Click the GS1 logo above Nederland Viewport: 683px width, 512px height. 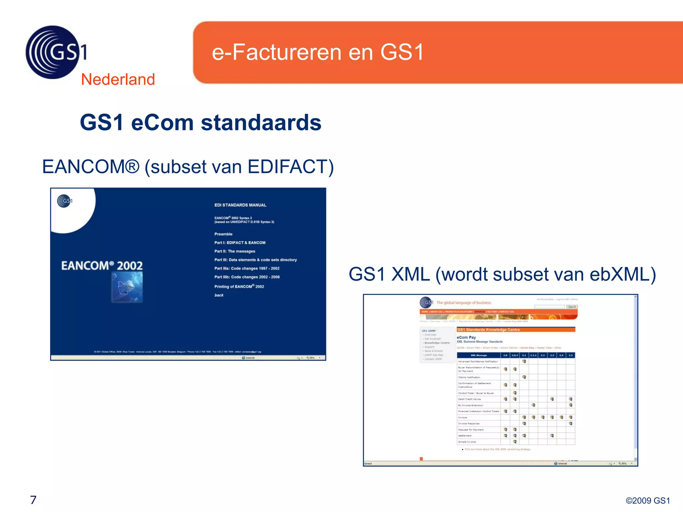pyautogui.click(x=55, y=52)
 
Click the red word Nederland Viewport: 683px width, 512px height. pyautogui.click(x=118, y=80)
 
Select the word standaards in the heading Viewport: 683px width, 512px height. pyautogui.click(x=261, y=123)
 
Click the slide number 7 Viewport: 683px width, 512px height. pyautogui.click(x=33, y=500)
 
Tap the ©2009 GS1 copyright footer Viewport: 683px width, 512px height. pyautogui.click(x=647, y=501)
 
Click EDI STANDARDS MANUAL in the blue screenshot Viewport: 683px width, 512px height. pyautogui.click(x=240, y=205)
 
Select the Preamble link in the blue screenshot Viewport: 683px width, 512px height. pyautogui.click(x=223, y=234)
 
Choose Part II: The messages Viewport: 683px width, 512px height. pyautogui.click(x=234, y=251)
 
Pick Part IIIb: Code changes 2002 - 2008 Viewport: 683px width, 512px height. pyautogui.click(x=247, y=277)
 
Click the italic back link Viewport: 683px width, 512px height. pyautogui.click(x=219, y=295)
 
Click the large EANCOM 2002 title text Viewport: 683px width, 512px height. pyautogui.click(x=102, y=266)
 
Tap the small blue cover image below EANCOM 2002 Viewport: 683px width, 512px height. pyautogui.click(x=127, y=287)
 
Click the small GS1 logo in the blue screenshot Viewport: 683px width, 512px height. pyautogui.click(x=65, y=201)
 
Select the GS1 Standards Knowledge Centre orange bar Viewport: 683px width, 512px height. pyautogui.click(x=516, y=330)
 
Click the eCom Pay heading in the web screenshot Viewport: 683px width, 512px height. pyautogui.click(x=466, y=337)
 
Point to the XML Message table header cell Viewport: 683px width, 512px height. pyautogui.click(x=479, y=355)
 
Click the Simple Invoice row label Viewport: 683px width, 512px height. pyautogui.click(x=467, y=442)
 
